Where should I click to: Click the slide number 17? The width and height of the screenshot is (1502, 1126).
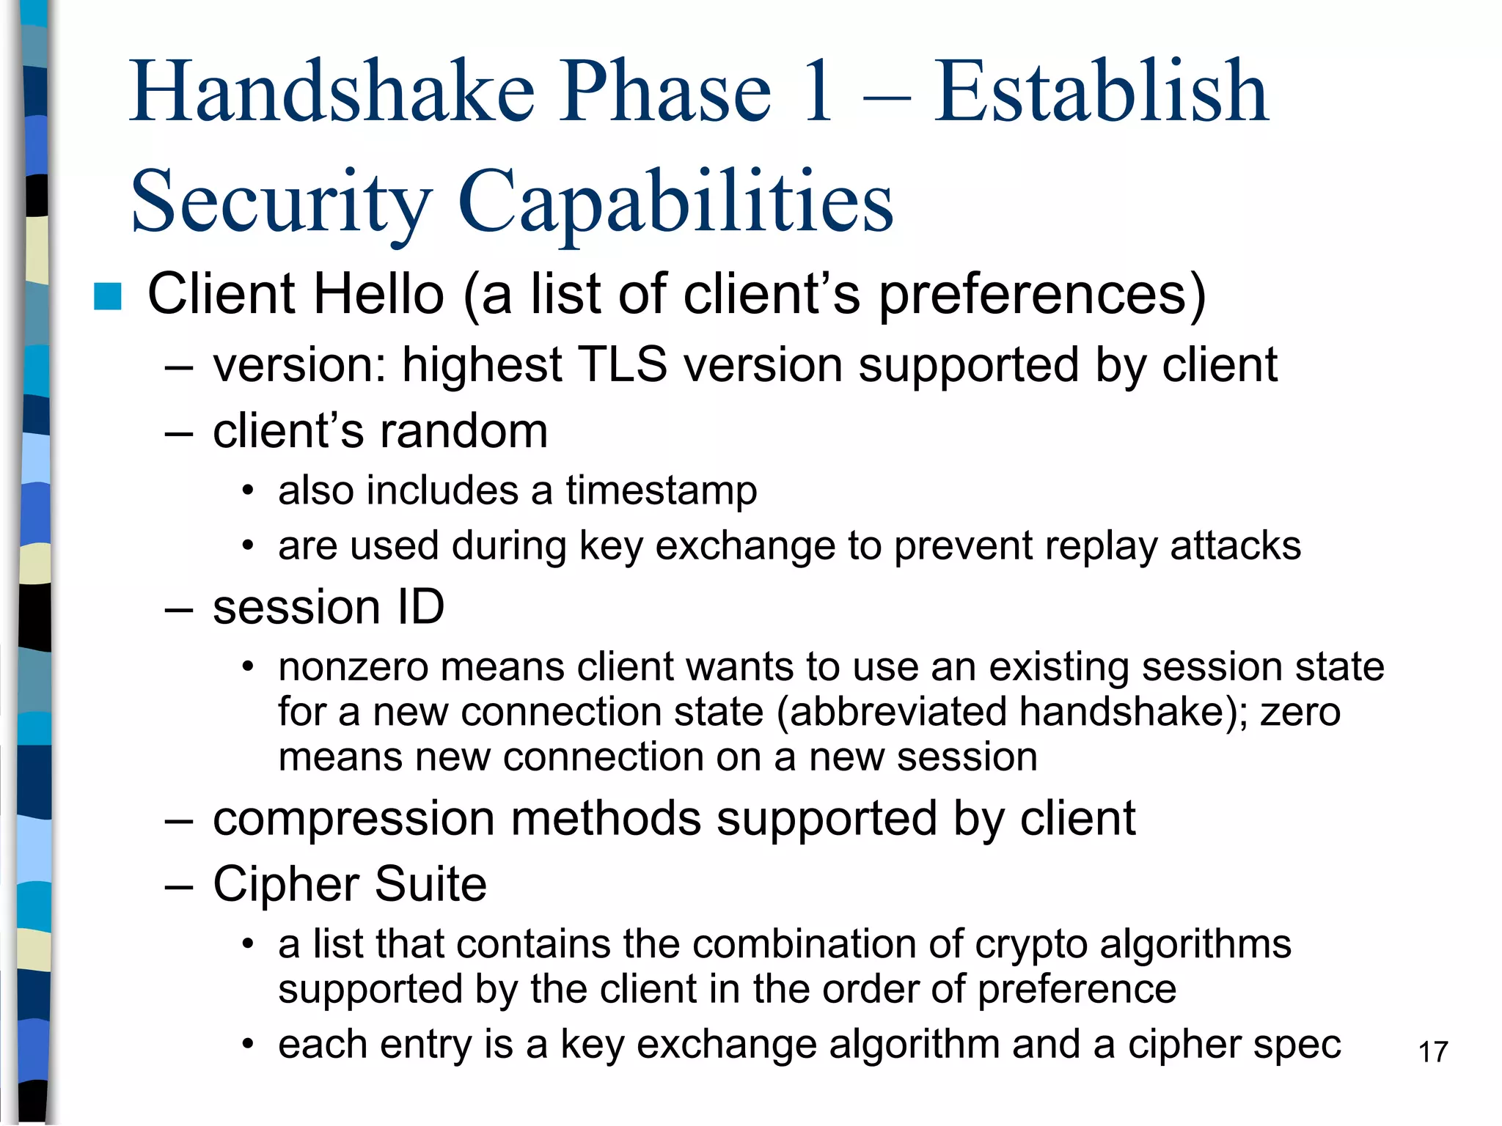(x=1433, y=1052)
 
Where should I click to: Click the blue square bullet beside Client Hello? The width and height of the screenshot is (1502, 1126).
(x=108, y=296)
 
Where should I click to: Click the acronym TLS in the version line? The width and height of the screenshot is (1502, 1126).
(x=622, y=364)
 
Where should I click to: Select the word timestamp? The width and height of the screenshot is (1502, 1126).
(x=661, y=490)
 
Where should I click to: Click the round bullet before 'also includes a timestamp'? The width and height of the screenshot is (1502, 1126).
(x=249, y=490)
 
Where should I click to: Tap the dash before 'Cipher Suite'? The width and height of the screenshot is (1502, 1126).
(x=178, y=886)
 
